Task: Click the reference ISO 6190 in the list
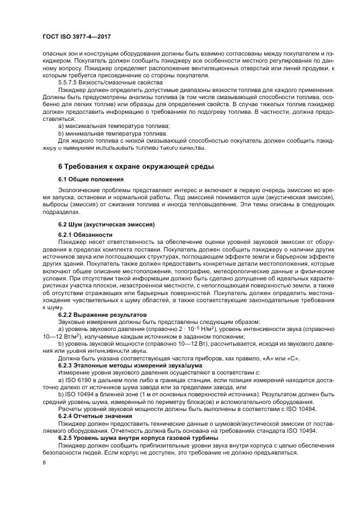pyautogui.click(x=76, y=379)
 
